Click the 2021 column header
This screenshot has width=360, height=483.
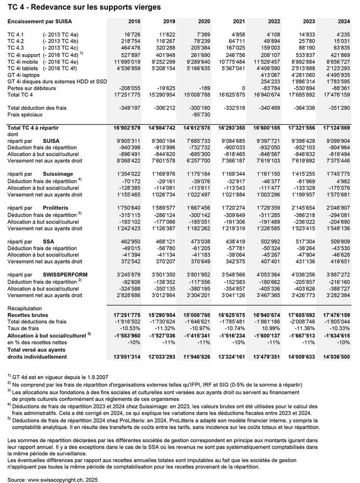point(238,21)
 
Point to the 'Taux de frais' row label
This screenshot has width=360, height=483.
point(25,327)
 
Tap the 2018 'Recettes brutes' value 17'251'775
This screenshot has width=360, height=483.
point(131,314)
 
